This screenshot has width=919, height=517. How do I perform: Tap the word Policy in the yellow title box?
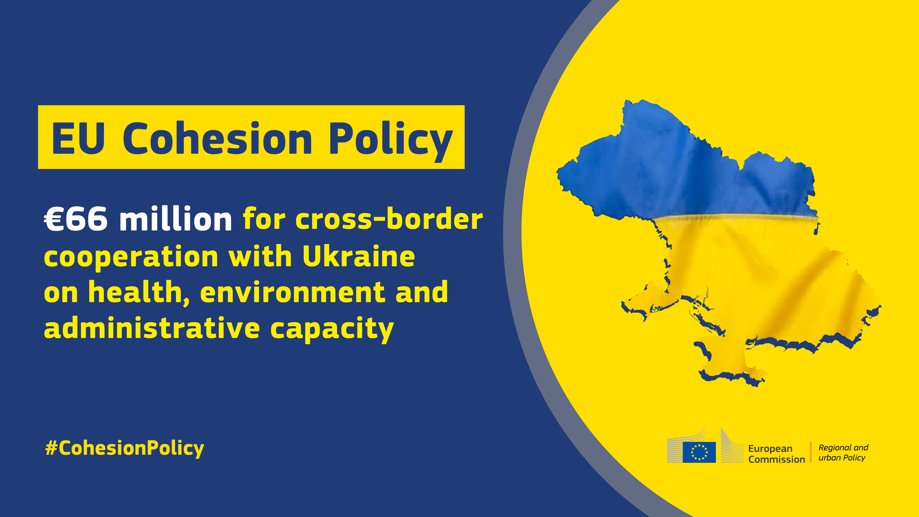pyautogui.click(x=391, y=142)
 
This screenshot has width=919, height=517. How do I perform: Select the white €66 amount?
pyautogui.click(x=76, y=219)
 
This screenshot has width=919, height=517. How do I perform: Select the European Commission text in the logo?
pyautogui.click(x=777, y=454)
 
